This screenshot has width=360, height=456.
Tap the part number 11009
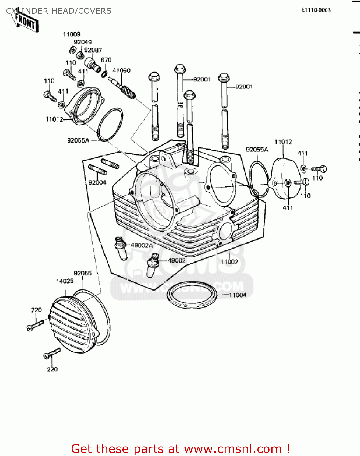click(x=72, y=34)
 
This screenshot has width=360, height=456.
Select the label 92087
click(x=93, y=50)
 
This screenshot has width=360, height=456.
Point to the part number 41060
click(x=121, y=71)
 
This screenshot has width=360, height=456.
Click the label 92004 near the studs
click(x=97, y=182)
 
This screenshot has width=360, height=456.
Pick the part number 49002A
click(x=142, y=245)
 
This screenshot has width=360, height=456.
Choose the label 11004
click(x=237, y=295)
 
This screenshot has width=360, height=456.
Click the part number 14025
click(x=65, y=281)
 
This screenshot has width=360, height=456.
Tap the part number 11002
click(x=229, y=262)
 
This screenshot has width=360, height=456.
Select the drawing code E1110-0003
click(x=316, y=10)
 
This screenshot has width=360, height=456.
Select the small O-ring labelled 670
click(x=104, y=74)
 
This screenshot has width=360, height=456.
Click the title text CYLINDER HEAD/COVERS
click(x=59, y=11)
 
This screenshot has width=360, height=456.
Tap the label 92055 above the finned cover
click(x=82, y=273)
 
